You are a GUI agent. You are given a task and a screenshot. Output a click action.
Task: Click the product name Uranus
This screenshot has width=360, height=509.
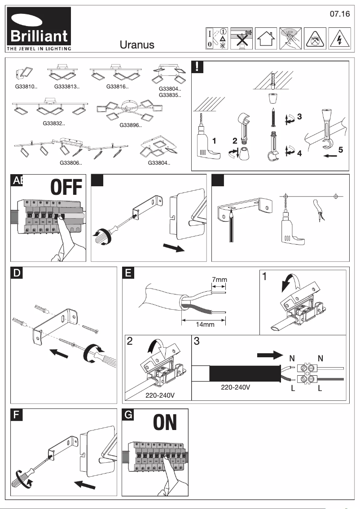pos(137,44)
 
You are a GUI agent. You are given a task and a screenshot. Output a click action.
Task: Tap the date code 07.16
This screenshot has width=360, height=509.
pos(339,14)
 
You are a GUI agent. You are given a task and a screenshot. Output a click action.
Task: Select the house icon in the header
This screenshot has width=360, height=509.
pos(266,39)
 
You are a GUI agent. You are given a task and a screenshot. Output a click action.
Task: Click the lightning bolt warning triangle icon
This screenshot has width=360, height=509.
pos(339,39)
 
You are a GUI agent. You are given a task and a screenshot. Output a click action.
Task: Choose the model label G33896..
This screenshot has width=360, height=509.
pos(131,125)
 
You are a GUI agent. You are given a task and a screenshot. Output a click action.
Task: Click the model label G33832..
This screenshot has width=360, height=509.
pos(54,123)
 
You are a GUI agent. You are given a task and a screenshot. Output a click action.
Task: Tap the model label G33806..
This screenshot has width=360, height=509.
pos(71,162)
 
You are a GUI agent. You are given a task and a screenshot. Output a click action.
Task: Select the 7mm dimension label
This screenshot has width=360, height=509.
pos(220,280)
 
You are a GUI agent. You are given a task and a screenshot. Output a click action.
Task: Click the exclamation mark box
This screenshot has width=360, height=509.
pos(198,67)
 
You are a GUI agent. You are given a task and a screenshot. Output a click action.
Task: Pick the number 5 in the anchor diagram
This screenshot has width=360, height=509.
pos(341,150)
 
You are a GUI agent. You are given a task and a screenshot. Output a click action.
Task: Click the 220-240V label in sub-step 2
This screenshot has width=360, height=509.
pos(160,395)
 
